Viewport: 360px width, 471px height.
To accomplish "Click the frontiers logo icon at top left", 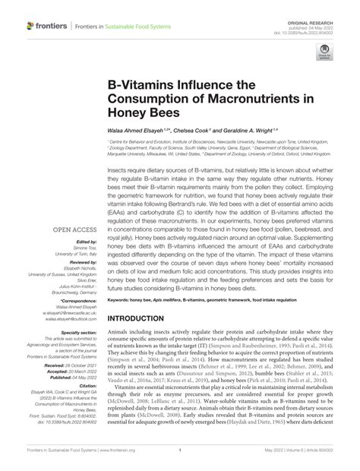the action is coord(30,27).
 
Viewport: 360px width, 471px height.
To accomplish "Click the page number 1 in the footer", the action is coord(181,460).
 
